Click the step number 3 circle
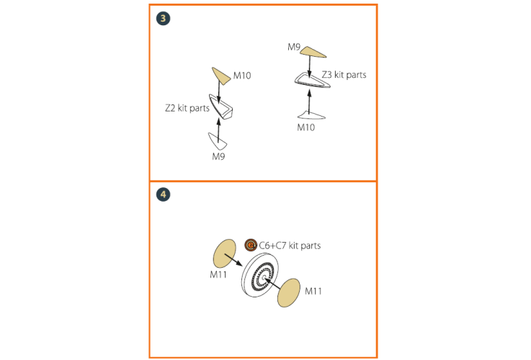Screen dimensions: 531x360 pos(164,18)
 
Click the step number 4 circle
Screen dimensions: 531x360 pos(164,194)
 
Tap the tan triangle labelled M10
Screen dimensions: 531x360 pos(220,76)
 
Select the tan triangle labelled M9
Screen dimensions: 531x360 pos(313,52)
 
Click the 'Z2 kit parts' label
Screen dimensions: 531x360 pos(187,108)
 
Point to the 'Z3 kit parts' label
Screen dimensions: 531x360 pos(344,74)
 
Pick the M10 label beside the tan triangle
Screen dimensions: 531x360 pos(242,76)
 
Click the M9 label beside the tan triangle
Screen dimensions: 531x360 pos(294,47)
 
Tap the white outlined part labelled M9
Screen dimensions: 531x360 pos(217,141)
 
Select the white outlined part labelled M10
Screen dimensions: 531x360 pos(311,115)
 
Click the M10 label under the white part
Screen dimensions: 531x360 pos(305,127)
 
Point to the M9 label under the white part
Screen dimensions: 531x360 pos(218,156)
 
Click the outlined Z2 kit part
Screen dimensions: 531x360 pos(220,107)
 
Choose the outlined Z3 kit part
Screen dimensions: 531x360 pos(312,81)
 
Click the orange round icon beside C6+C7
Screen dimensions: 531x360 pos(251,245)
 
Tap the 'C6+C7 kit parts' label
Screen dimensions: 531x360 pos(290,246)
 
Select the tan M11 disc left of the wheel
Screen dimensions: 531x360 pos(224,254)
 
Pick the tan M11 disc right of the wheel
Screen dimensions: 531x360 pos(289,293)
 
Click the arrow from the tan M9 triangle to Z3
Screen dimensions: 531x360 pos(310,67)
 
